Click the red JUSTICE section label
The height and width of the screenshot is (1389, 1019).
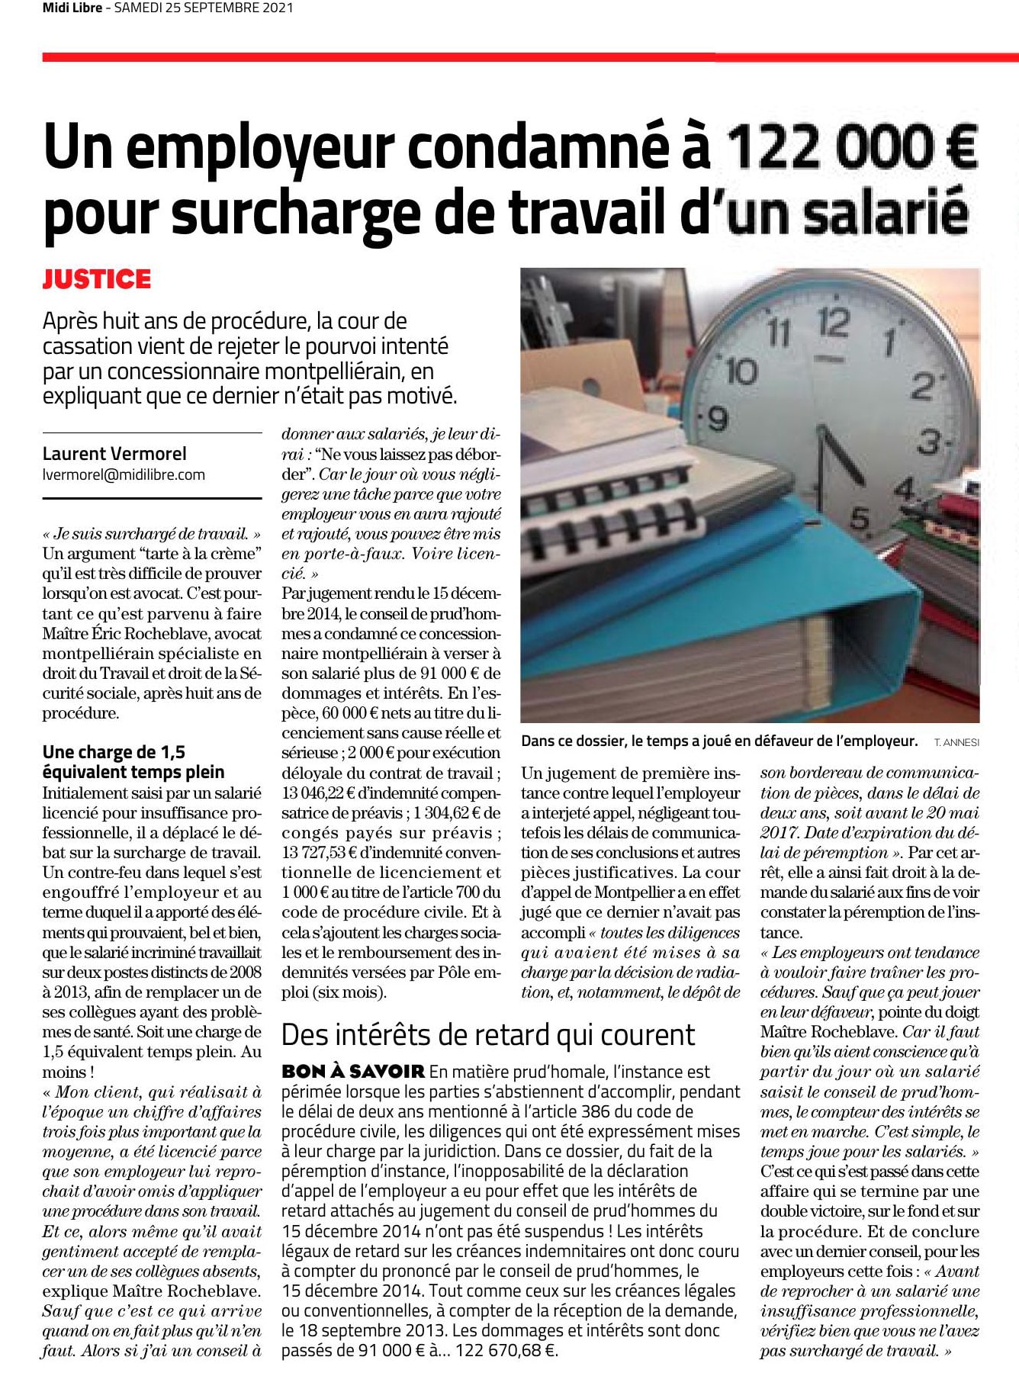point(97,279)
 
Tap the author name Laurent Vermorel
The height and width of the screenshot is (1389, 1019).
point(114,454)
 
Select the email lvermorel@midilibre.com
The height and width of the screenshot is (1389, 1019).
point(124,474)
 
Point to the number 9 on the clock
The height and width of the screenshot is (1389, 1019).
point(718,419)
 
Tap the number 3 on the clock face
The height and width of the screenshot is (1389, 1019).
point(929,442)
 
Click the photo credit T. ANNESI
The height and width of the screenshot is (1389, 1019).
point(956,742)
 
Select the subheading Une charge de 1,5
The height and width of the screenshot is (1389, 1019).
point(114,752)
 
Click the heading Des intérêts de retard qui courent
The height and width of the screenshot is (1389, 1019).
point(488,1035)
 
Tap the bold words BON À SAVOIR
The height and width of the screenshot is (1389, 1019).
point(352,1072)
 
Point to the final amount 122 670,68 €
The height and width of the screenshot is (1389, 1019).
point(506,1350)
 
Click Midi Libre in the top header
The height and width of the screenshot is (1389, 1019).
point(72,8)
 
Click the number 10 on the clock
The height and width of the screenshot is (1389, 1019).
point(741,371)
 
